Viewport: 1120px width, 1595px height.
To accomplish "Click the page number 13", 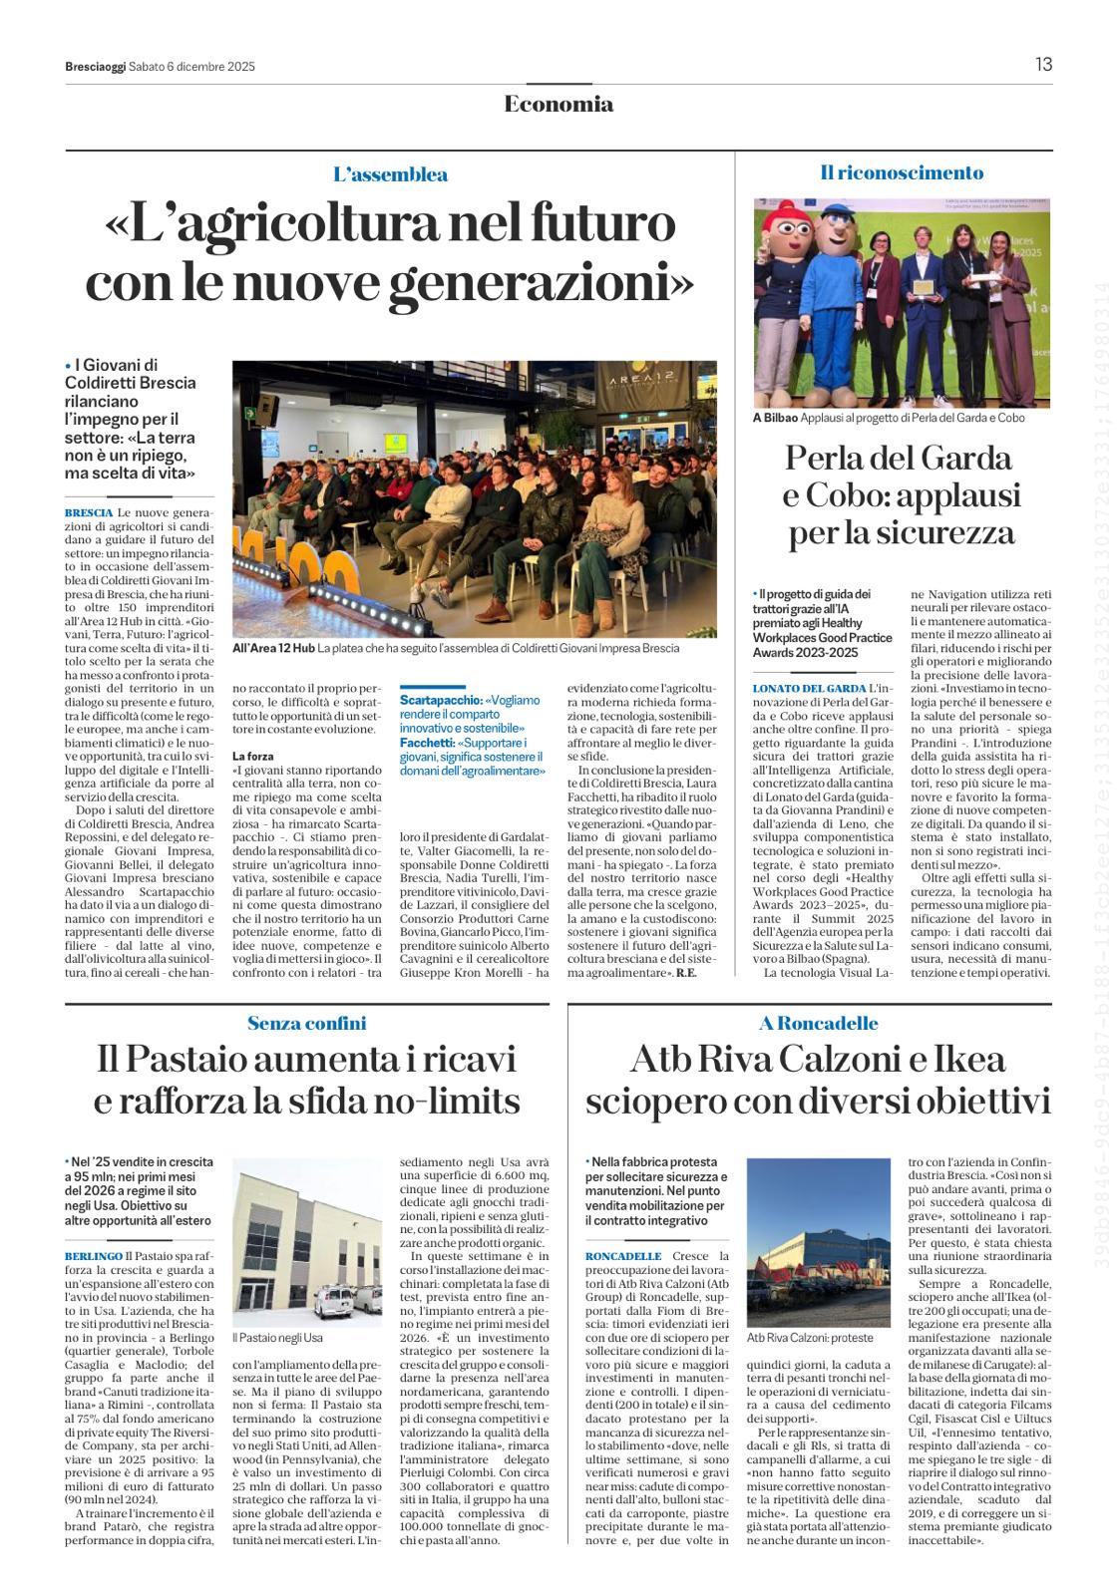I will (x=1043, y=65).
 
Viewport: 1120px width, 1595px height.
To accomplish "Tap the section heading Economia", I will (x=559, y=104).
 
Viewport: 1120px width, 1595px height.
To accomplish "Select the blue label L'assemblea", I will (x=390, y=174).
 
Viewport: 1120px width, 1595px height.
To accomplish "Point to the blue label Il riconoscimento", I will (x=902, y=172).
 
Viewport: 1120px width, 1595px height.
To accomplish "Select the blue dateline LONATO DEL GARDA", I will (x=809, y=689).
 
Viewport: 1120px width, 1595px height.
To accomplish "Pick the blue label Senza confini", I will (x=306, y=1023).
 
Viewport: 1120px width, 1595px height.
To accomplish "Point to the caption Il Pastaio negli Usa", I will (x=277, y=1337).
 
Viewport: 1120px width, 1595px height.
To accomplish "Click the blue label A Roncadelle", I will (x=819, y=1023).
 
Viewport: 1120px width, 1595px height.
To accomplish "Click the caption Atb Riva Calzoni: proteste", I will (x=810, y=1337).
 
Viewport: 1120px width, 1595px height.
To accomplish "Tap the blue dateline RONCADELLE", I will (x=623, y=1256).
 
